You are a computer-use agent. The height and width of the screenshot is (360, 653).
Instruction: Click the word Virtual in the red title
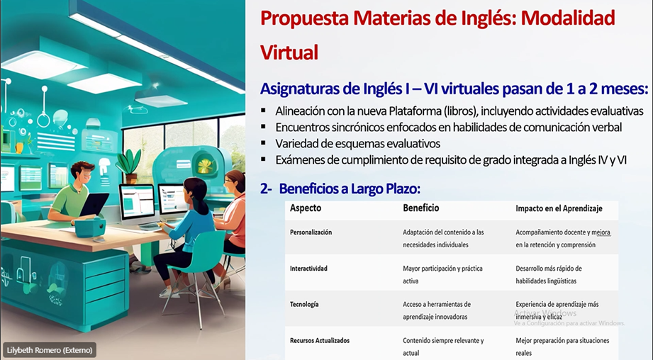tap(289, 52)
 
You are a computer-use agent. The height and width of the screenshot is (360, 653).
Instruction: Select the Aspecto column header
tap(306, 208)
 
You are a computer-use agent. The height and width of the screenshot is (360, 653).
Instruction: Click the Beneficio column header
tap(420, 208)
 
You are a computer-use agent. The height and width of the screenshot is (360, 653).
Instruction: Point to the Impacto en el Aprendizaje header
tap(559, 208)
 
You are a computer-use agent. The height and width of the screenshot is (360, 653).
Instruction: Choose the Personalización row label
tap(311, 232)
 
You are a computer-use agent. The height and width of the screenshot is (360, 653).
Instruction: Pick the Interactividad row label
tap(308, 269)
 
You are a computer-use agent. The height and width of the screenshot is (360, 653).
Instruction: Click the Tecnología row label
tap(304, 304)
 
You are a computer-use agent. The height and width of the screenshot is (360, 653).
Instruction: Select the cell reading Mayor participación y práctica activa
tap(442, 275)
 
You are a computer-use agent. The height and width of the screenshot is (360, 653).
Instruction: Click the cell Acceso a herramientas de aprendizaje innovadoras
tap(437, 310)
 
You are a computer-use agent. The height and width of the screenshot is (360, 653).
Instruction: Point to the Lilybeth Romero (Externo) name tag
tap(50, 350)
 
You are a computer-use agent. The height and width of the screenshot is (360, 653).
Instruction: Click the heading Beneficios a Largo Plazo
tap(350, 189)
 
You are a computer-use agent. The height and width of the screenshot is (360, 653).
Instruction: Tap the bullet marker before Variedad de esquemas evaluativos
tap(263, 143)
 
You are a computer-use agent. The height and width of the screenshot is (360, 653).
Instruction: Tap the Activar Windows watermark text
tap(545, 313)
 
